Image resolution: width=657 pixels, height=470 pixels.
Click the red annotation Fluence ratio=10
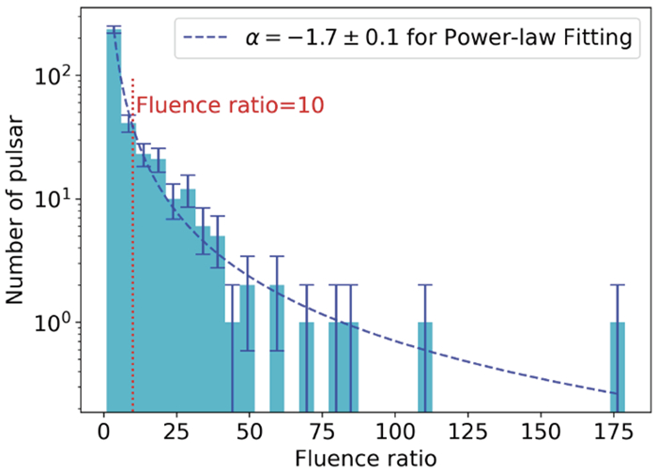click(230, 105)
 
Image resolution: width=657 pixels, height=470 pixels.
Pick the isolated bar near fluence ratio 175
click(618, 366)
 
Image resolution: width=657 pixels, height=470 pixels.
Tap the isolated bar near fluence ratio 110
click(425, 366)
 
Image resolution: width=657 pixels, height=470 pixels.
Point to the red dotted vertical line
click(132, 281)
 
